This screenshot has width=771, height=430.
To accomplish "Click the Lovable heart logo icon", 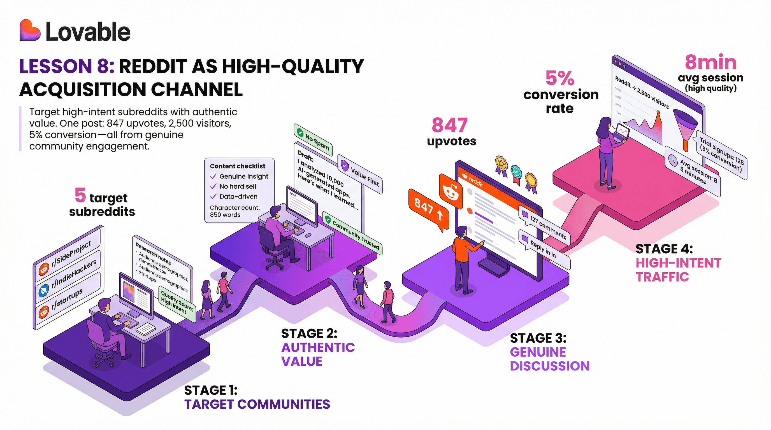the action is (x=30, y=30).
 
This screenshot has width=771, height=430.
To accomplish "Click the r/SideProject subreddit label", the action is (x=71, y=254).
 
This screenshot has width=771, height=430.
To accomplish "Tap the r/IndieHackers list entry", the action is (x=73, y=274).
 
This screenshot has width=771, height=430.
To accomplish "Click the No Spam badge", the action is (x=313, y=140).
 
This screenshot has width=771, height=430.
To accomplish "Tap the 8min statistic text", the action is (x=710, y=62).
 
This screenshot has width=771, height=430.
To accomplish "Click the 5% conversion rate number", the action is (x=560, y=78).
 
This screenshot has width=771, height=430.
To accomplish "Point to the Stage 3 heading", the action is (x=538, y=338).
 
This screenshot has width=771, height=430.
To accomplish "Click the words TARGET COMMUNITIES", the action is (x=257, y=404).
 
